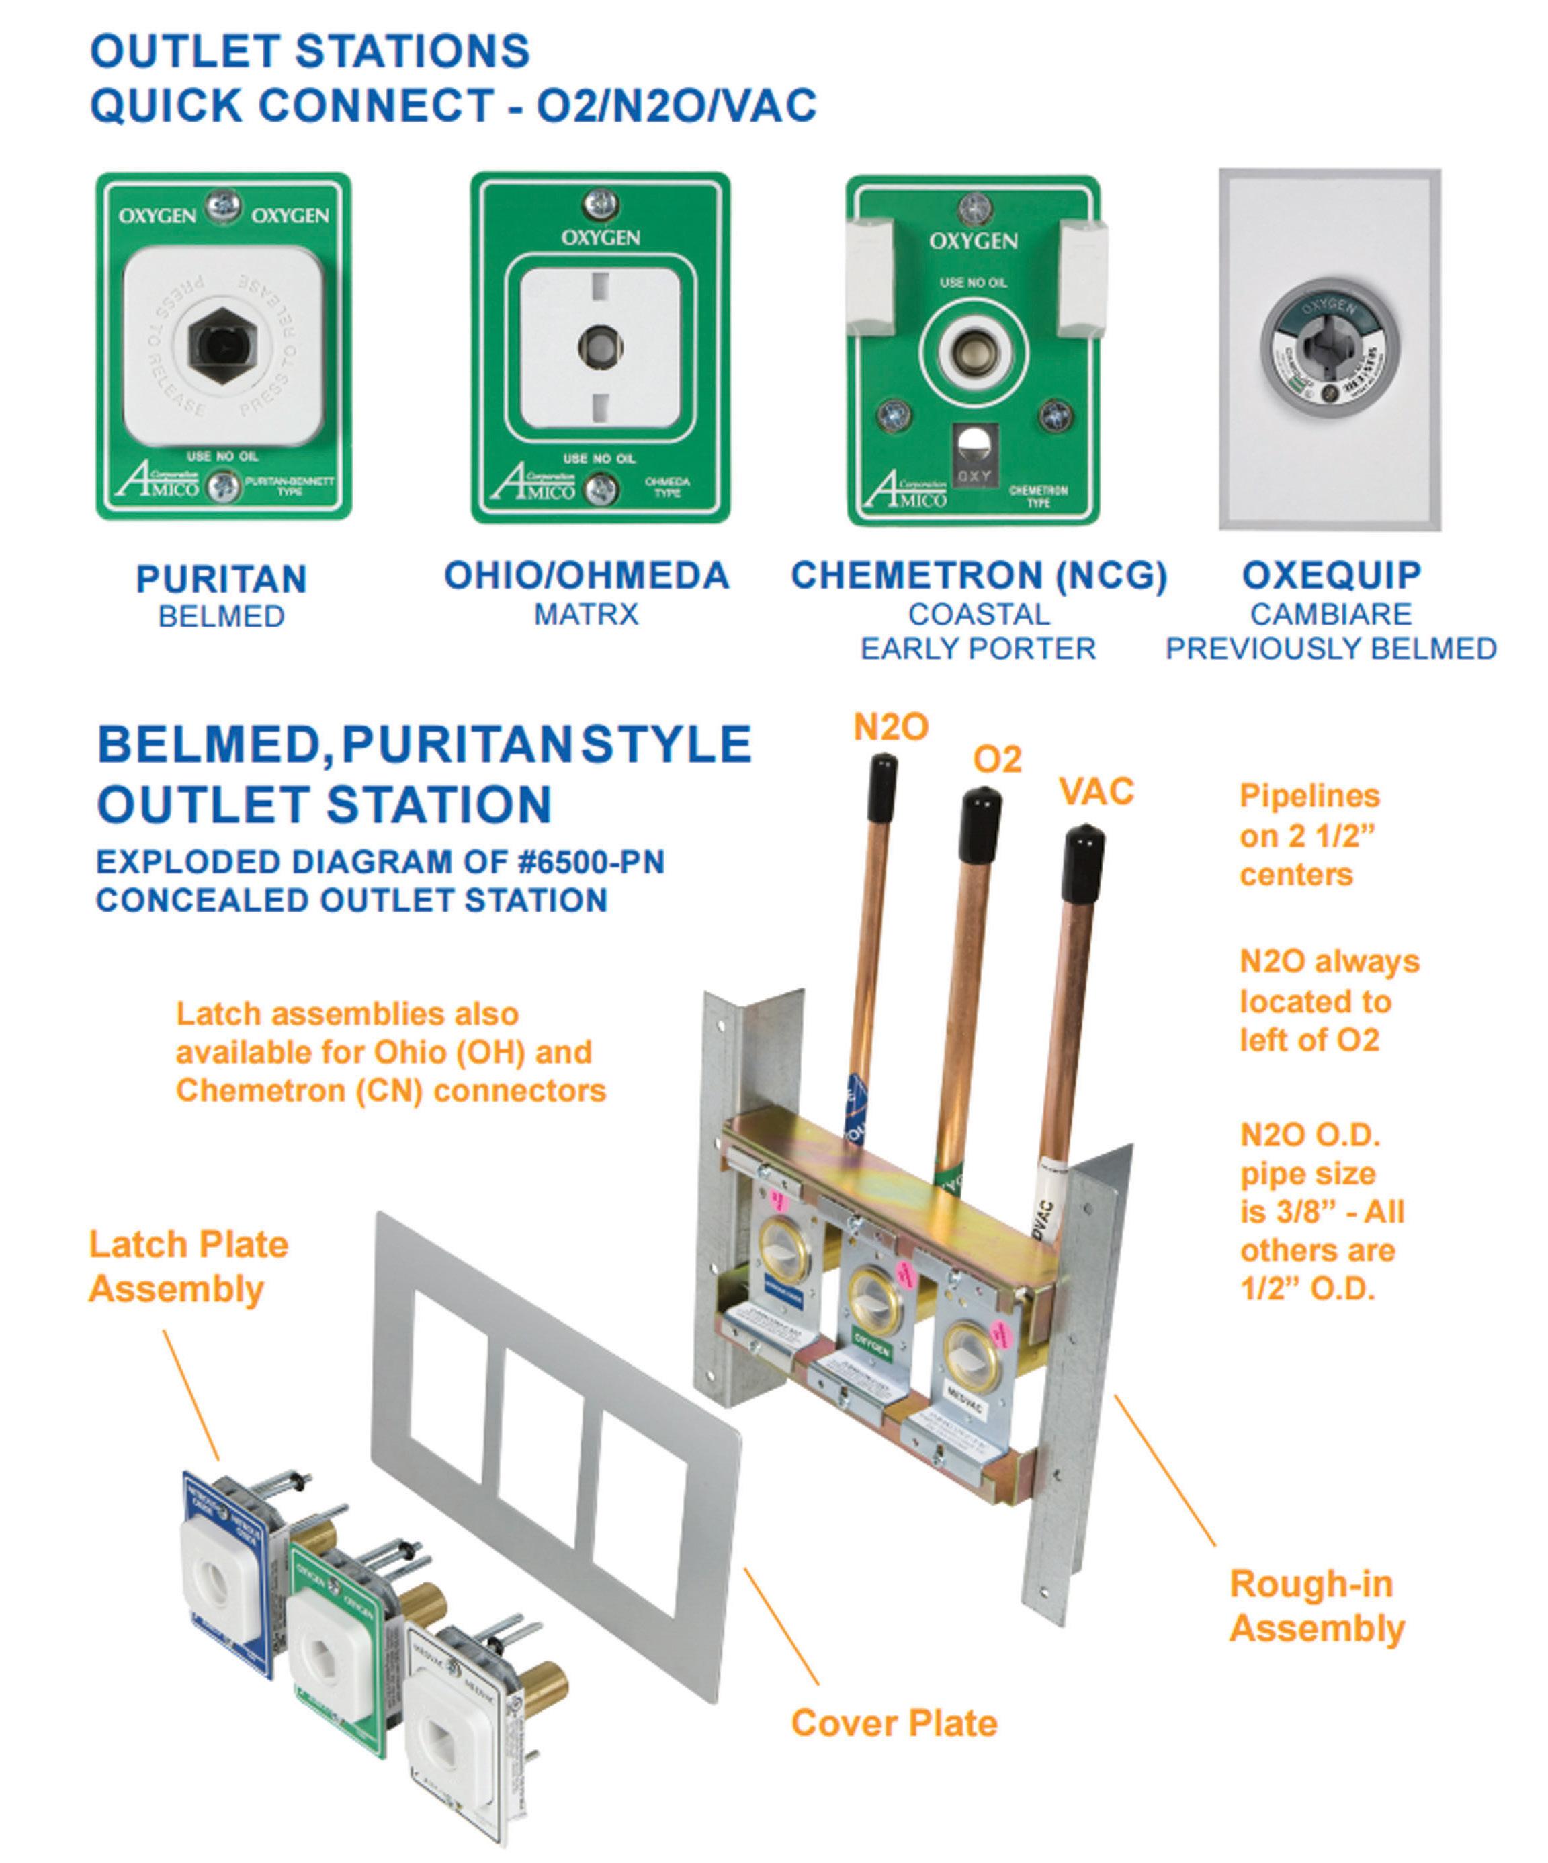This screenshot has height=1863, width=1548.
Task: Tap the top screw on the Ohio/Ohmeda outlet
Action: pos(601,204)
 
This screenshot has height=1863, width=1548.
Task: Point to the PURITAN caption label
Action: pos(222,579)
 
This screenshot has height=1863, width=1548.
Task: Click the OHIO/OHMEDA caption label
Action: pos(587,576)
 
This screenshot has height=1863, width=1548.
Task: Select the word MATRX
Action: pos(587,615)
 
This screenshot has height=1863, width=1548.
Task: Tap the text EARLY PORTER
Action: pos(978,648)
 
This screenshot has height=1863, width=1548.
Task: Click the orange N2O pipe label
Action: pos(891,728)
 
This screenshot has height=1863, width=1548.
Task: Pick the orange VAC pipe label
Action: pos(1096,791)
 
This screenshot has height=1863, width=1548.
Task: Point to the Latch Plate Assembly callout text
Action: pos(188,1267)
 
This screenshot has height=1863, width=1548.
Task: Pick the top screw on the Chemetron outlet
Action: pos(974,210)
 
